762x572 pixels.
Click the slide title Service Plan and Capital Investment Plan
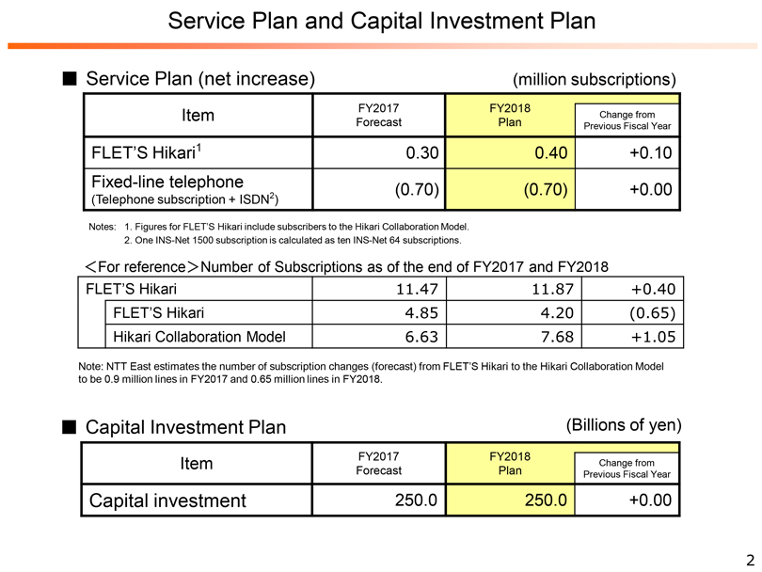point(381,21)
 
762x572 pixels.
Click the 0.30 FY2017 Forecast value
point(416,153)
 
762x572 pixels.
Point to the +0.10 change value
point(651,153)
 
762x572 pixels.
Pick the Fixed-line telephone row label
point(167,181)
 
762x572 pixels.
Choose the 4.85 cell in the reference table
point(421,312)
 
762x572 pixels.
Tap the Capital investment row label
point(167,500)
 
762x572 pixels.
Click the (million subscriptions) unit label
point(594,79)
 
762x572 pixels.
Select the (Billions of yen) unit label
point(623,425)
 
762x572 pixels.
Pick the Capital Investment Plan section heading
point(185,427)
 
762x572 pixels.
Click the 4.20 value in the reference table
point(549,312)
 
